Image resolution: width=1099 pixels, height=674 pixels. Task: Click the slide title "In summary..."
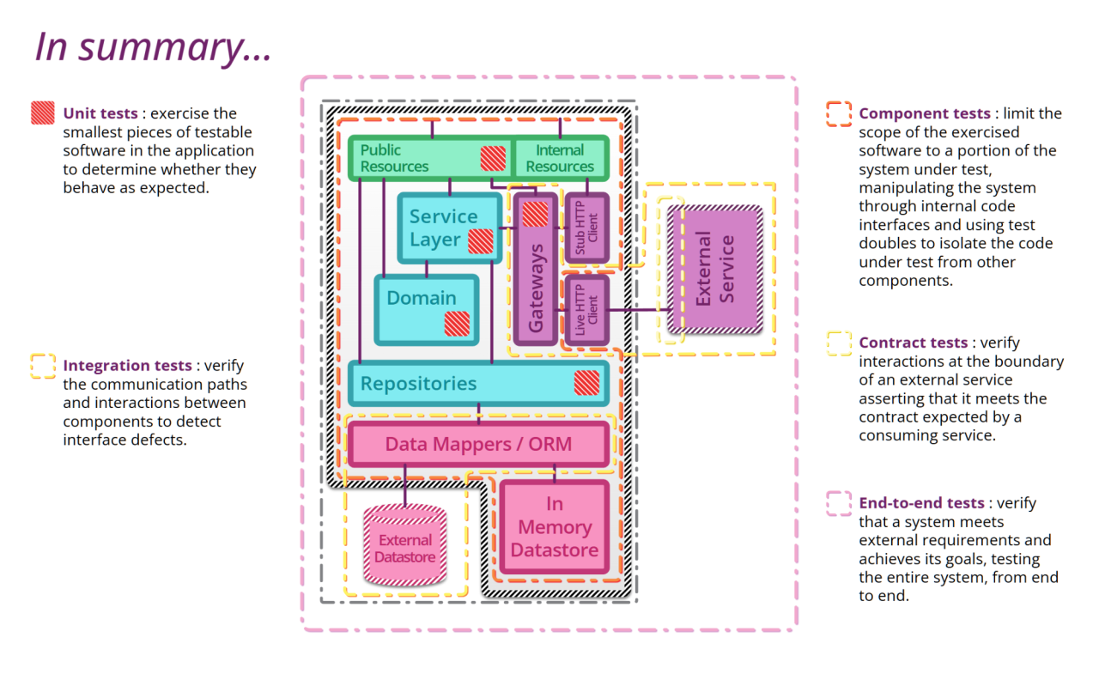pyautogui.click(x=153, y=46)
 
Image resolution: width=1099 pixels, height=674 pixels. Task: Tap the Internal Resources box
pyautogui.click(x=560, y=158)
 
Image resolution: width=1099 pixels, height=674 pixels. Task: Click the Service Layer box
pyautogui.click(x=443, y=228)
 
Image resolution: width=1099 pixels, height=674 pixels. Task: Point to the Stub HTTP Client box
pyautogui.click(x=586, y=228)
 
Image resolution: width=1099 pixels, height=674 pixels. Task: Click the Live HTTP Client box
pyautogui.click(x=586, y=310)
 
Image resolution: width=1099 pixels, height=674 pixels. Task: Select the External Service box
pyautogui.click(x=715, y=269)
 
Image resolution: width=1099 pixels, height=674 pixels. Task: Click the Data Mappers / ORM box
pyautogui.click(x=478, y=444)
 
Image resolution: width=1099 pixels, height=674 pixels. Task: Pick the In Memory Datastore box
pyautogui.click(x=555, y=527)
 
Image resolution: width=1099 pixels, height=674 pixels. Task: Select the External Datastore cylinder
pyautogui.click(x=405, y=546)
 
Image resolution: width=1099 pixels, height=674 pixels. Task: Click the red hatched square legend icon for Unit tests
pyautogui.click(x=43, y=113)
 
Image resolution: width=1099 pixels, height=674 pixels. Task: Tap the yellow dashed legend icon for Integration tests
pyautogui.click(x=43, y=367)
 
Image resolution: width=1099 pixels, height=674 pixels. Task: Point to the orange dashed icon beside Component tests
pyautogui.click(x=839, y=114)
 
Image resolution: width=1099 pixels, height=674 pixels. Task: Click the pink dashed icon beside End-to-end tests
pyautogui.click(x=839, y=503)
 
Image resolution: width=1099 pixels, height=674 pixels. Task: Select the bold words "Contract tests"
pyautogui.click(x=913, y=343)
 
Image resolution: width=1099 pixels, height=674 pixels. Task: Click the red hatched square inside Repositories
pyautogui.click(x=586, y=382)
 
